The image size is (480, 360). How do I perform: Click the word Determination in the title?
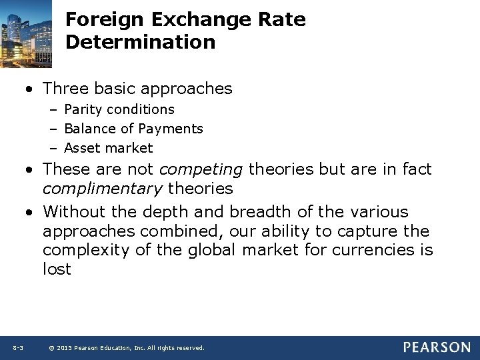[x=141, y=42]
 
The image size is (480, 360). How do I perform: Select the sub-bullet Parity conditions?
[x=119, y=109]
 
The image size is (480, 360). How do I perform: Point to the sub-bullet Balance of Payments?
[x=133, y=129]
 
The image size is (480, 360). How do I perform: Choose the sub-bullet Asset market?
[x=108, y=148]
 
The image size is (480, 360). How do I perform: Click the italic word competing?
[x=201, y=169]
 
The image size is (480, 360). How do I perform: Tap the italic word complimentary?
[x=102, y=189]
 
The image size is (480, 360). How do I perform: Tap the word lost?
[x=57, y=270]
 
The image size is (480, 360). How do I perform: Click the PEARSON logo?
[x=436, y=347]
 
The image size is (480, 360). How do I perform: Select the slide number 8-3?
[x=18, y=348]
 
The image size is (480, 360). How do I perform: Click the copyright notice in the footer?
[x=127, y=348]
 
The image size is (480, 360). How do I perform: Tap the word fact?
[x=417, y=169]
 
